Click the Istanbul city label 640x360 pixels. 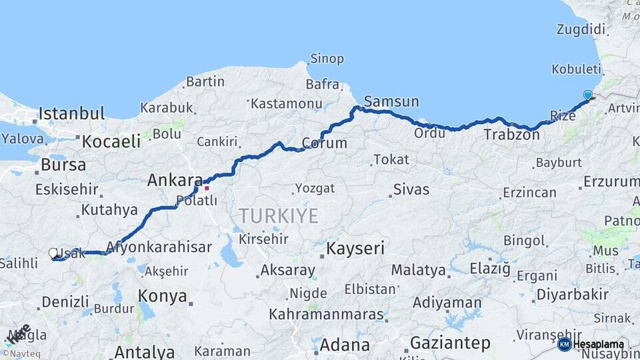pos(72,113)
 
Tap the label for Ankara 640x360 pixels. pos(175,180)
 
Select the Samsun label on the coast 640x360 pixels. pos(391,101)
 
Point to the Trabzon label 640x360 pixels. pos(511,134)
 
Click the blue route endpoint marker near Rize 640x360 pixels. pos(587,95)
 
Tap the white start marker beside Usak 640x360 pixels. pos(53,253)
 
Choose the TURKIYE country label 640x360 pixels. pos(279,215)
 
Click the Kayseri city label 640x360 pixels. pos(355,249)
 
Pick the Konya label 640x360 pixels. pos(162,296)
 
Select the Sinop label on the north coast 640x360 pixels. pos(327,59)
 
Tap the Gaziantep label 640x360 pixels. pos(450,343)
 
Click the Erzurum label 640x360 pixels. pos(611,181)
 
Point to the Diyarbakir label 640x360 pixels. pos(573,294)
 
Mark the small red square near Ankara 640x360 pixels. pos(207,187)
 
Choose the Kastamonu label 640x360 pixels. pos(286,103)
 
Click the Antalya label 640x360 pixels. pos(144,351)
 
